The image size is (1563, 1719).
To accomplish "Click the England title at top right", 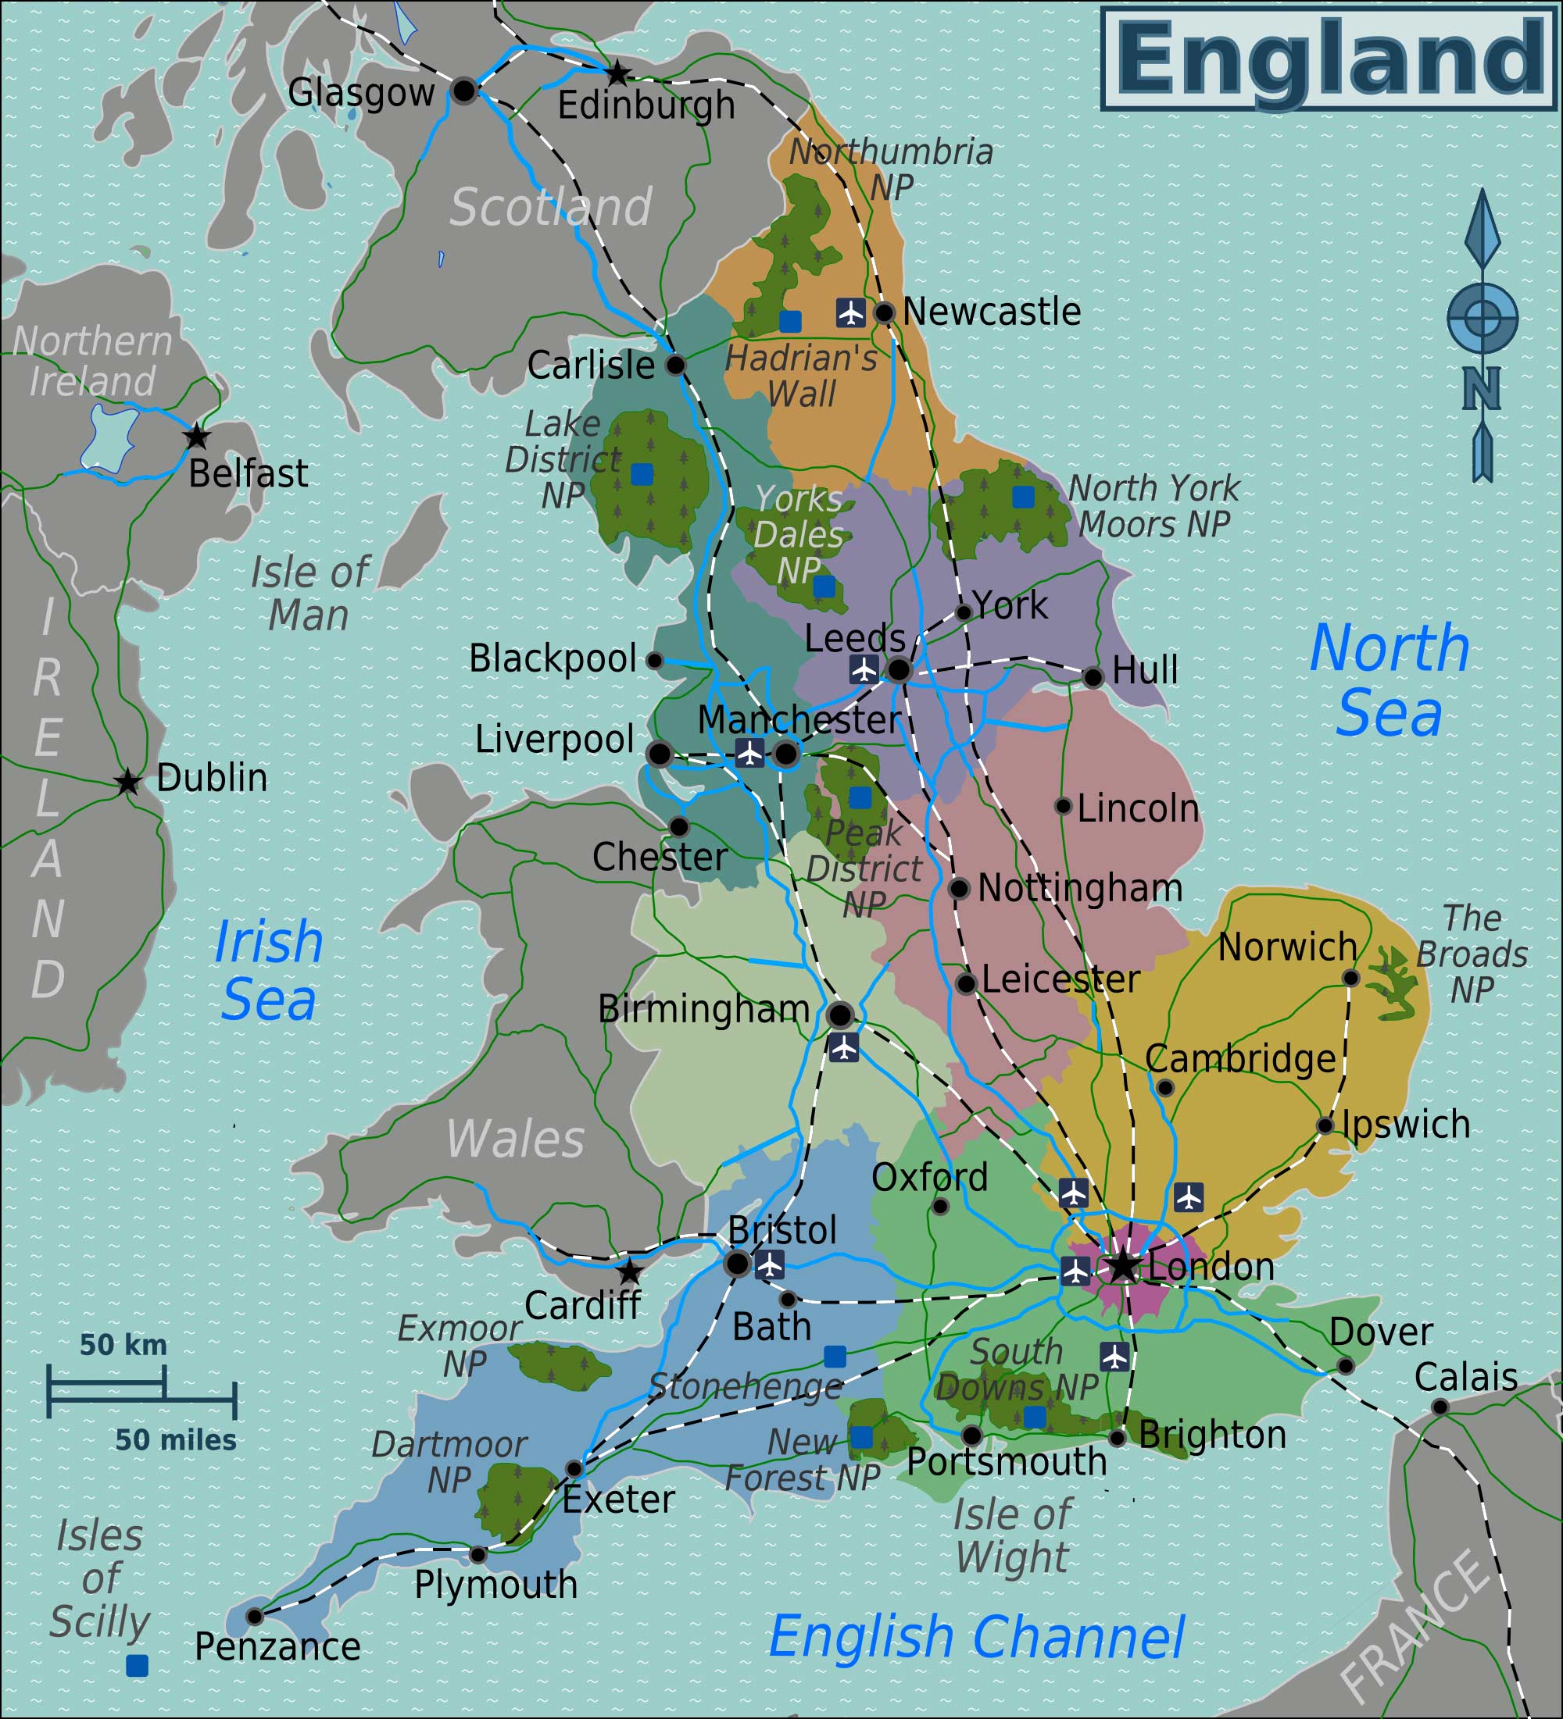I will [1329, 58].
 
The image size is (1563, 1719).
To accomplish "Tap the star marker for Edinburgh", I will [617, 73].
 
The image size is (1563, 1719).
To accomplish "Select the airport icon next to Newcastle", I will [850, 313].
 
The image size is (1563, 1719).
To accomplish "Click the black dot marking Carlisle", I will [675, 365].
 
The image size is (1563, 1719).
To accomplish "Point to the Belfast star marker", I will [197, 437].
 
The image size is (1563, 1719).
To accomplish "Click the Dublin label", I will [212, 778].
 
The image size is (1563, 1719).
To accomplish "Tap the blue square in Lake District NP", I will [642, 474].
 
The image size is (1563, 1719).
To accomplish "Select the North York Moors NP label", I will [1153, 507].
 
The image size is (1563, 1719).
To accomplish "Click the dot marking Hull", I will [1093, 677].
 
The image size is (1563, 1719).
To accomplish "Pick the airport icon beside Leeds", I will [864, 669].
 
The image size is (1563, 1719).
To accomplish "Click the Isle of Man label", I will [309, 594].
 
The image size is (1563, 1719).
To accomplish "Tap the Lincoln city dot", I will [1063, 806].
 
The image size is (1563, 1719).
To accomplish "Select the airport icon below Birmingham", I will [844, 1047].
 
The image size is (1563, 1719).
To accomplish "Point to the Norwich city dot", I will [1350, 977].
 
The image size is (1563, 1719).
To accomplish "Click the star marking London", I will [1123, 1266].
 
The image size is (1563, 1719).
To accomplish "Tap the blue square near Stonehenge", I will [835, 1357].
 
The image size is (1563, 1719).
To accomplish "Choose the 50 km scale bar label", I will [123, 1346].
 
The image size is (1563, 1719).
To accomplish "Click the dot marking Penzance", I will [254, 1617].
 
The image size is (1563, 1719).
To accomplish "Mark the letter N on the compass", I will [1482, 389].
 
